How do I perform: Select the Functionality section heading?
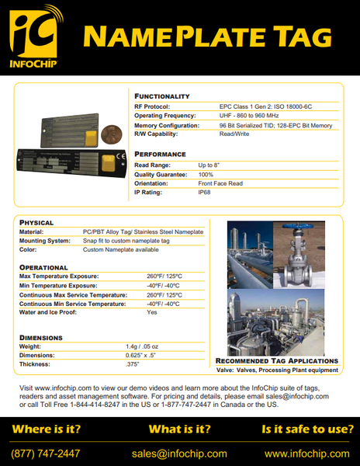pos(162,96)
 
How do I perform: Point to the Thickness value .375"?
pos(133,364)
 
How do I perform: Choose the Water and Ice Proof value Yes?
pos(151,311)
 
